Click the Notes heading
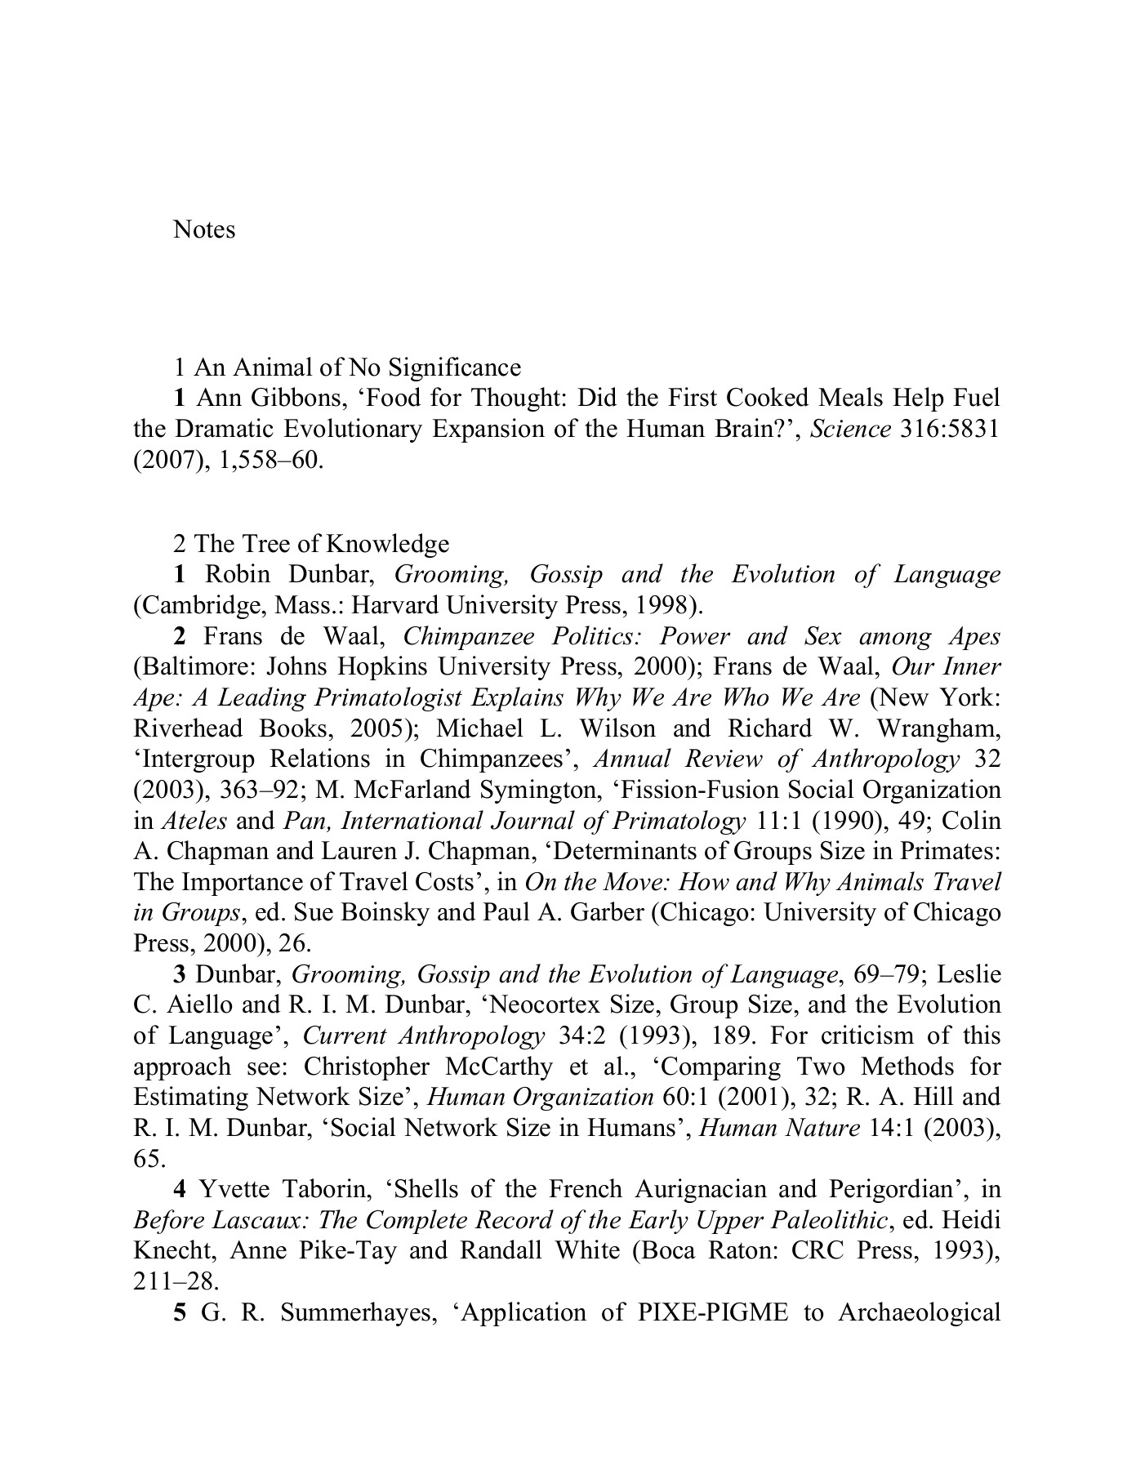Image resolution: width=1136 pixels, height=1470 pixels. [204, 229]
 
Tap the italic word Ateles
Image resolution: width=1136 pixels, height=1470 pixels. [194, 821]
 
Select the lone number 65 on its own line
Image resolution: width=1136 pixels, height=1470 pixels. [148, 1159]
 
